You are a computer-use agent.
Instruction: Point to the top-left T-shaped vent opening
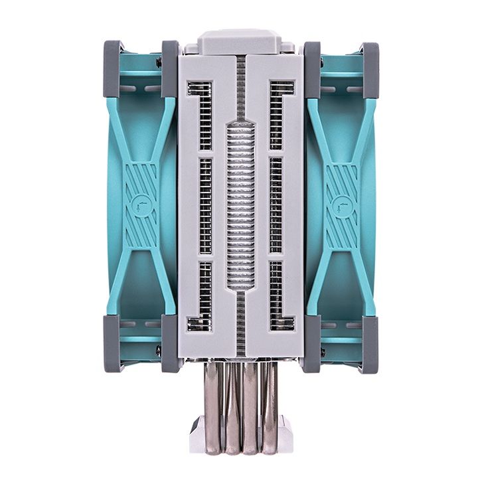pyautogui.click(x=203, y=113)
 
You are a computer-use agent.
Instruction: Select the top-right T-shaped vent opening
pyautogui.click(x=278, y=113)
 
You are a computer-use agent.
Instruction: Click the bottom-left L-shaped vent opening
pyautogui.click(x=202, y=299)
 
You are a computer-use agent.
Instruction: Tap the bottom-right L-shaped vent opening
pyautogui.click(x=279, y=299)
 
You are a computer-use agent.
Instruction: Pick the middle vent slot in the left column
pyautogui.click(x=205, y=206)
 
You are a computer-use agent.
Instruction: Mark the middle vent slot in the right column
pyautogui.click(x=276, y=206)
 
